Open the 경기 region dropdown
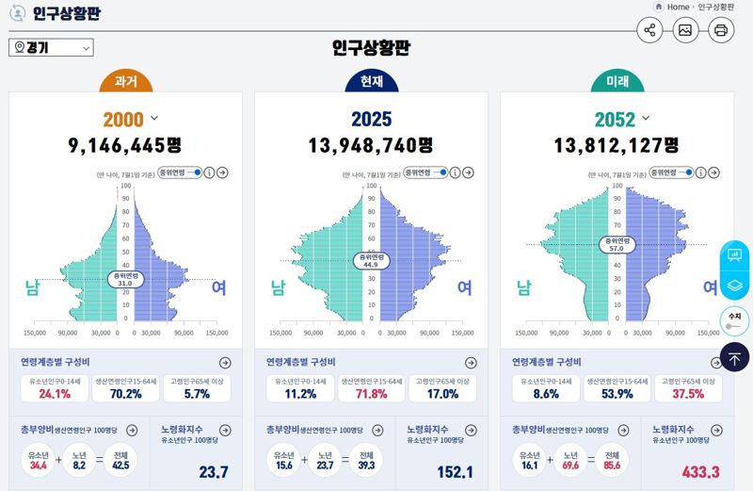point(51,48)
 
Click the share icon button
point(649,30)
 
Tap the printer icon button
point(721,30)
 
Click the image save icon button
point(685,30)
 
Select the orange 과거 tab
point(125,82)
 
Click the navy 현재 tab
point(371,82)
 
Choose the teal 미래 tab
point(617,82)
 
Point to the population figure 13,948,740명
point(371,145)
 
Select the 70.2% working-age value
point(125,394)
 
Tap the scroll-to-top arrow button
point(733,357)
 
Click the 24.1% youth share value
point(55,394)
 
